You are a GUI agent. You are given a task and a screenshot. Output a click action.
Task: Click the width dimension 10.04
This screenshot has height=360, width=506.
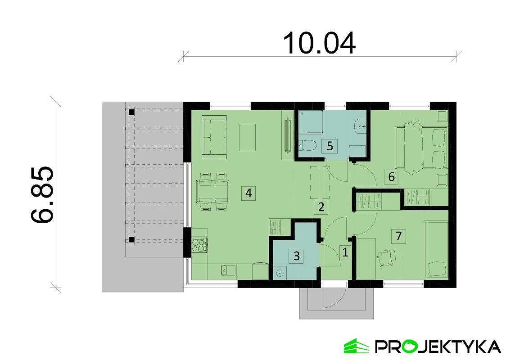tap(319, 43)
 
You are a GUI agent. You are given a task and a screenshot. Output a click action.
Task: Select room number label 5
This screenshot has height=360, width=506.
tap(330, 146)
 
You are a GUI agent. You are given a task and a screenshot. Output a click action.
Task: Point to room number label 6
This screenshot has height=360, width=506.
tap(391, 176)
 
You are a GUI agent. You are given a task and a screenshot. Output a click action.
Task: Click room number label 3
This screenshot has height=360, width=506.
tap(296, 256)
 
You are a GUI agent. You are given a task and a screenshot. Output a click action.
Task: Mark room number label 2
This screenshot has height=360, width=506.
tap(321, 207)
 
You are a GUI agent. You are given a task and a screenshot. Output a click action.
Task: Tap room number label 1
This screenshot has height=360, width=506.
tap(345, 252)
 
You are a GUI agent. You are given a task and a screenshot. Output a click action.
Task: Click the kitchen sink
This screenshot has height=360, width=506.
tap(227, 270)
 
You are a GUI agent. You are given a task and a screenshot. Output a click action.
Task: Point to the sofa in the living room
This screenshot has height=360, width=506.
tap(214, 137)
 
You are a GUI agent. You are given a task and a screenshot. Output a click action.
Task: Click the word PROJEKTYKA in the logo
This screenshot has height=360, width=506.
tap(438, 346)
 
